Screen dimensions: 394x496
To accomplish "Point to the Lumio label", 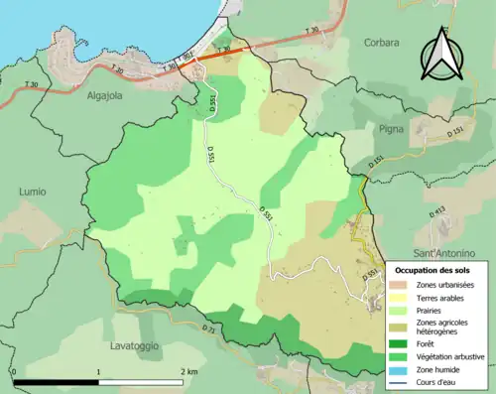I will click(32, 192).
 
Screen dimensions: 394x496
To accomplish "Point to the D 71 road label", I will click(207, 328).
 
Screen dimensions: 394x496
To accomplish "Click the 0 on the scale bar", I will click(14, 371).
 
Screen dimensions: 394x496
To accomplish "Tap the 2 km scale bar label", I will click(189, 371).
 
